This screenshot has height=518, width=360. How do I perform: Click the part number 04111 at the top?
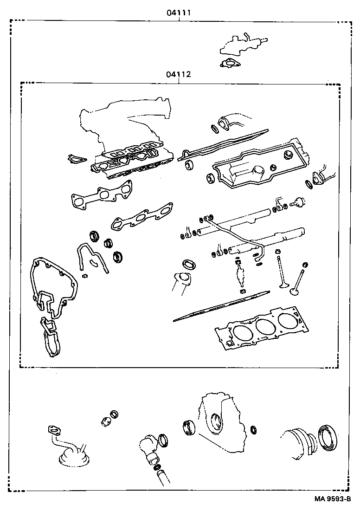point(179,13)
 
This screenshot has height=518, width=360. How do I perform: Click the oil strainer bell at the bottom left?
point(72,460)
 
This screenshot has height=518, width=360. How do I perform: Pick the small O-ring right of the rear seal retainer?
point(253,429)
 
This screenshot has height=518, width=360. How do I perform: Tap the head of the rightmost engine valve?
point(294,291)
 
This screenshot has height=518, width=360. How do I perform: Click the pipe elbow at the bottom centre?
point(149,447)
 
